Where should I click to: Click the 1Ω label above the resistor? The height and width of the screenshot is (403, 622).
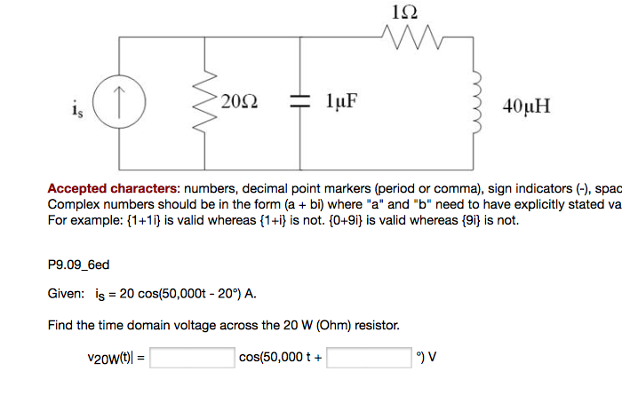click(x=403, y=12)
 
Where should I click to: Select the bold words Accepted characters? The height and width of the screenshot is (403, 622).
click(x=113, y=188)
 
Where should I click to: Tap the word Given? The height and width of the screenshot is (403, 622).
click(x=66, y=294)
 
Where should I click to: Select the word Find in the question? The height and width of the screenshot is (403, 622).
click(x=60, y=326)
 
